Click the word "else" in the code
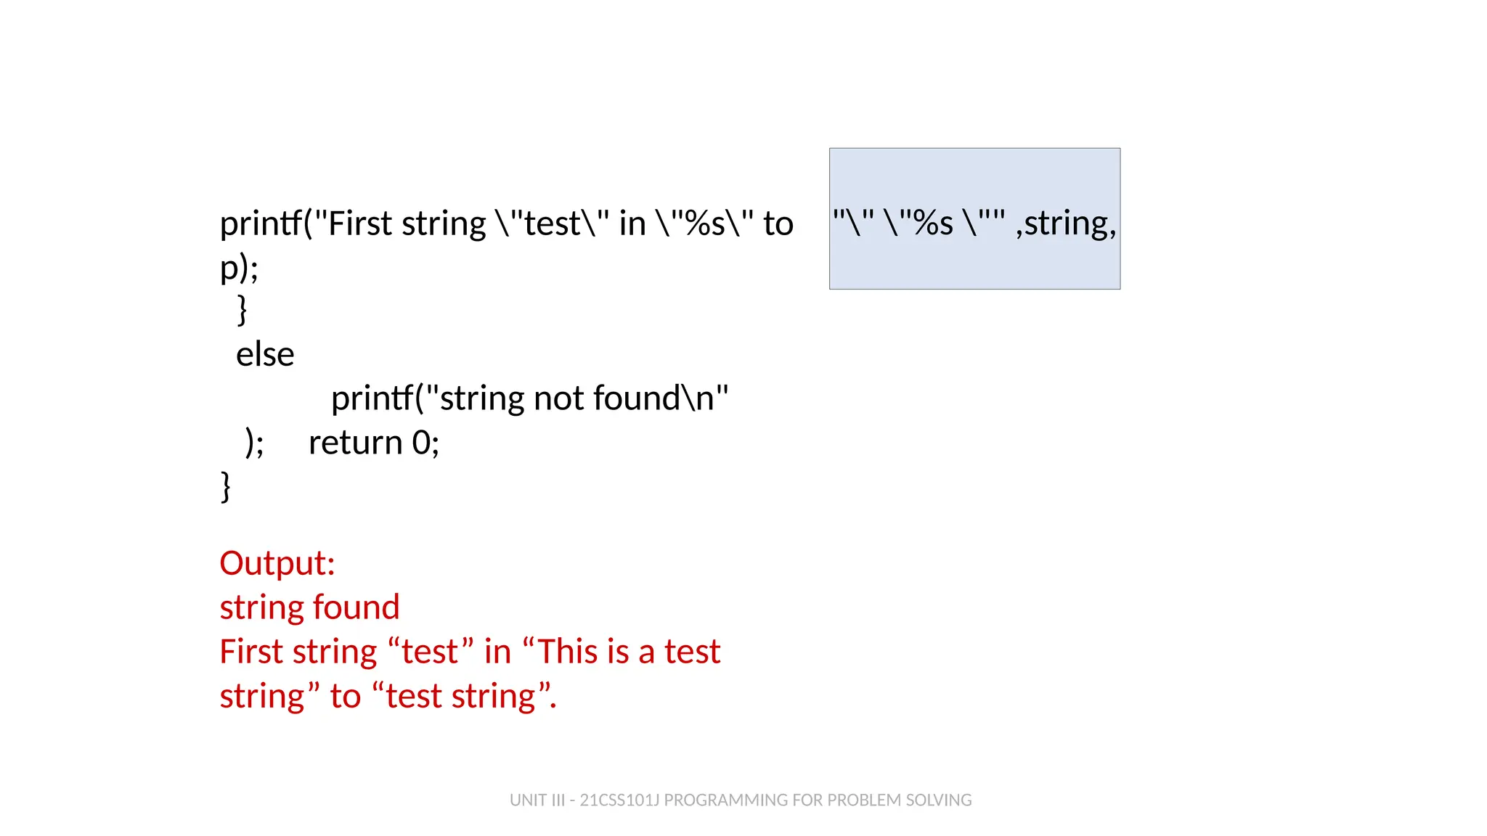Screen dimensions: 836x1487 (265, 355)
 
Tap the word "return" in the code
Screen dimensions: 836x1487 (355, 443)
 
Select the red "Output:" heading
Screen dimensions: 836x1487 (277, 563)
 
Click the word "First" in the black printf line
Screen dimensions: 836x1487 (359, 224)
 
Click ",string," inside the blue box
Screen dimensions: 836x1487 (1065, 224)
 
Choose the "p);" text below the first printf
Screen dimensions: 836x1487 (239, 268)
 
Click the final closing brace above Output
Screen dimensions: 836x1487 (226, 486)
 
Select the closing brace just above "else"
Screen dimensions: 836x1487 (243, 311)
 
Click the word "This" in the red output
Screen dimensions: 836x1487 (577, 652)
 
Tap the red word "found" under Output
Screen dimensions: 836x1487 (356, 607)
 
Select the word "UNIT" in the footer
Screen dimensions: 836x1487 (528, 800)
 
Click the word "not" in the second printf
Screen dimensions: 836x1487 (558, 398)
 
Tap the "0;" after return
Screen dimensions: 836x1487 (425, 443)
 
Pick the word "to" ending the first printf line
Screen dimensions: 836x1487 (778, 224)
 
